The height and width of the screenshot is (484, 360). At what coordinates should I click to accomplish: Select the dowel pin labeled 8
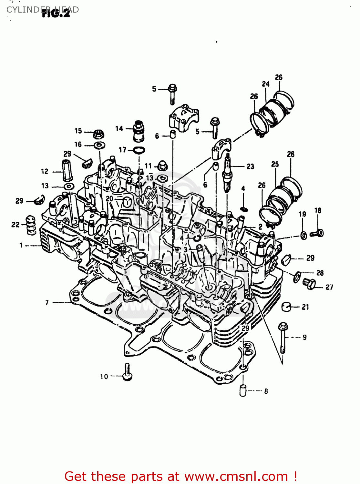click(243, 390)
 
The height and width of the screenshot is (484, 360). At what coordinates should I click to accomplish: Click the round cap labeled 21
click(286, 307)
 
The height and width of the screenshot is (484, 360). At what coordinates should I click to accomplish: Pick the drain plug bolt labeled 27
click(309, 284)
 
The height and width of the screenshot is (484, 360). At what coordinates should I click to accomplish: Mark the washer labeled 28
click(296, 277)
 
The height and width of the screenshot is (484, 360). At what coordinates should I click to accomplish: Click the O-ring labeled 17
click(139, 150)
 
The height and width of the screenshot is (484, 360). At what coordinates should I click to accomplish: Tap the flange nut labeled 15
click(98, 133)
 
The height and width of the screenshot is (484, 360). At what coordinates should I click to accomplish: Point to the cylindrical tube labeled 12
click(67, 170)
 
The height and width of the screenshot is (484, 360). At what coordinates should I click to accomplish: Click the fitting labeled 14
click(139, 131)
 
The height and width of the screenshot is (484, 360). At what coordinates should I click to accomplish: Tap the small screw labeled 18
click(317, 233)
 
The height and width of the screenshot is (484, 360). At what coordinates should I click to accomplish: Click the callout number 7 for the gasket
click(47, 302)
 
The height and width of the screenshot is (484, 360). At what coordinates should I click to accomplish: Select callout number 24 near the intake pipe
click(265, 84)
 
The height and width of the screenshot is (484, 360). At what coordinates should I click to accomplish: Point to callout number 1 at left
click(21, 246)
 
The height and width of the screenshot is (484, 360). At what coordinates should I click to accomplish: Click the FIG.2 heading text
click(56, 14)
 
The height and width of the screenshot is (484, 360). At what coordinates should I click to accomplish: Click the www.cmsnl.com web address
click(236, 476)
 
